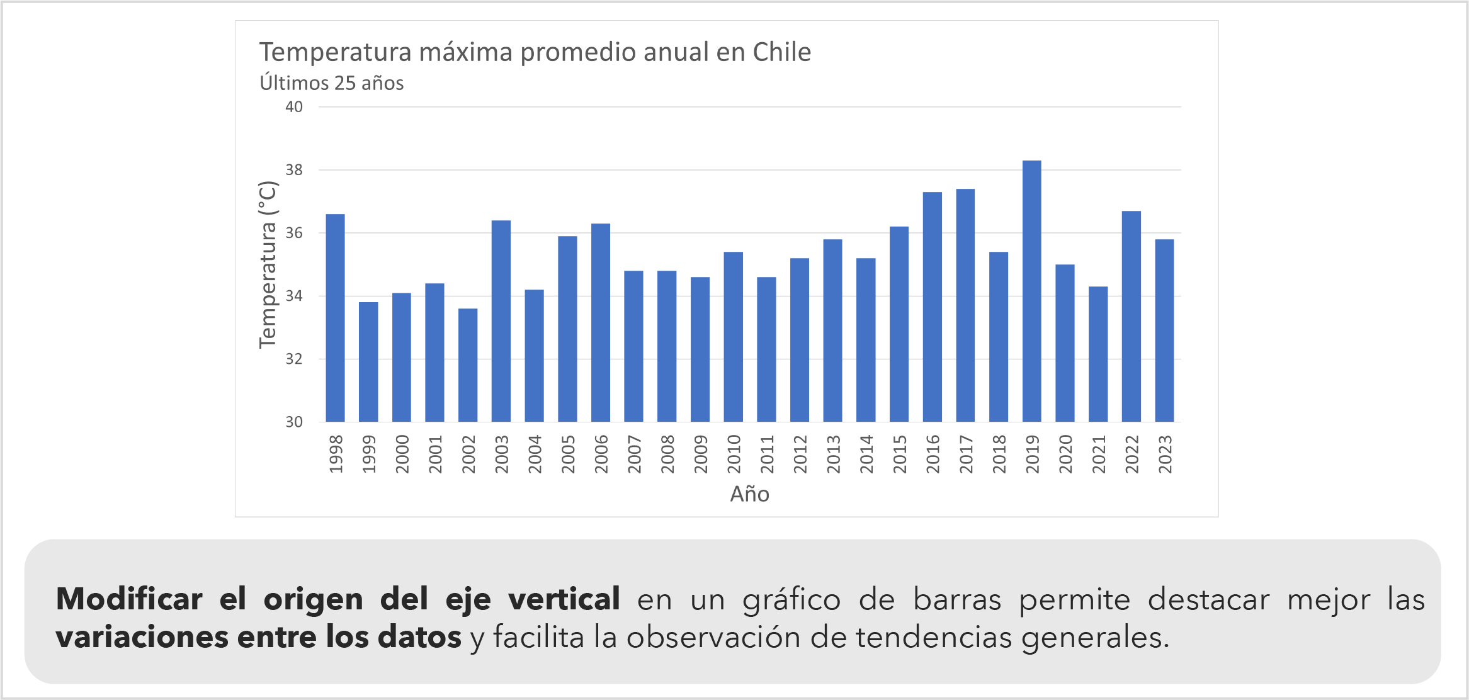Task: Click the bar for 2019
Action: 1031,291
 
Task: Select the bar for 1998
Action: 335,318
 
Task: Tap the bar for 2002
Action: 468,365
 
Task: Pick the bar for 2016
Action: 932,307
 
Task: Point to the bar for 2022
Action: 1131,316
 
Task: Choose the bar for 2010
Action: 733,337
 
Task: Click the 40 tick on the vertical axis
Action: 294,107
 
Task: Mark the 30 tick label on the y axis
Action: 294,422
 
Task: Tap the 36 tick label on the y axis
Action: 294,233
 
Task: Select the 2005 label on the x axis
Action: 568,454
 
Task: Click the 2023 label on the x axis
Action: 1165,454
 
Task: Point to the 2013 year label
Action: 833,454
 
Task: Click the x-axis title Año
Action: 749,494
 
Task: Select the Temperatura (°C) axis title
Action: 268,264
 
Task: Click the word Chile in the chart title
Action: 781,52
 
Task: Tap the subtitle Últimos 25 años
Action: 332,83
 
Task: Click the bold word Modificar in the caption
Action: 129,599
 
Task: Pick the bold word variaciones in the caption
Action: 141,637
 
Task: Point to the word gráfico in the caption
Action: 791,600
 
